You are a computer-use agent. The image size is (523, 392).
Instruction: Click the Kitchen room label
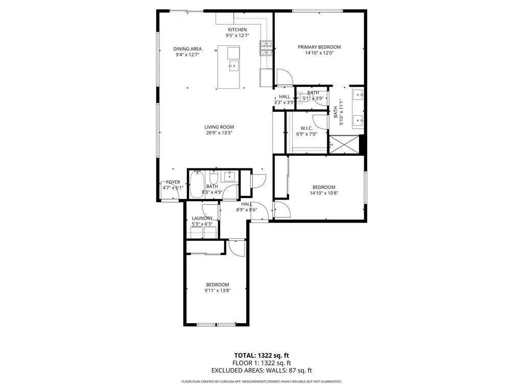point(237,30)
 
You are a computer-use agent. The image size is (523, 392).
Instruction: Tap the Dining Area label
point(187,49)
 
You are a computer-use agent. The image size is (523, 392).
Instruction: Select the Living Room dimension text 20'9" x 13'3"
point(219,133)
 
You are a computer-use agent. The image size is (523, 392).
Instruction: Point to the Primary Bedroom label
point(319,47)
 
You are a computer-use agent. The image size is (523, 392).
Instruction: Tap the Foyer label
point(173,182)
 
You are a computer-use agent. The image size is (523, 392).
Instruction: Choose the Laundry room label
point(202,218)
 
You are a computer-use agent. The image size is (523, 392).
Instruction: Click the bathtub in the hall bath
point(197,185)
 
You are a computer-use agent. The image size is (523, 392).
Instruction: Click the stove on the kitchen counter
point(266,47)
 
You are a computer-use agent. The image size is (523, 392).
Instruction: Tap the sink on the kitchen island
point(233,65)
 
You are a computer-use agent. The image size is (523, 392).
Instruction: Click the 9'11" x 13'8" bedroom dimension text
point(218,290)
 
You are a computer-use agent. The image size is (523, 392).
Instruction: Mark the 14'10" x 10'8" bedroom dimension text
point(324,193)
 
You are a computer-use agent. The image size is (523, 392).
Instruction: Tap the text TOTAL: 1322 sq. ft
point(261,355)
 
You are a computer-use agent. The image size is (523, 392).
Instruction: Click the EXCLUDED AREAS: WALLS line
point(261,371)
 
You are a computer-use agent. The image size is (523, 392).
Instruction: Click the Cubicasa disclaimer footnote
point(261,382)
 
